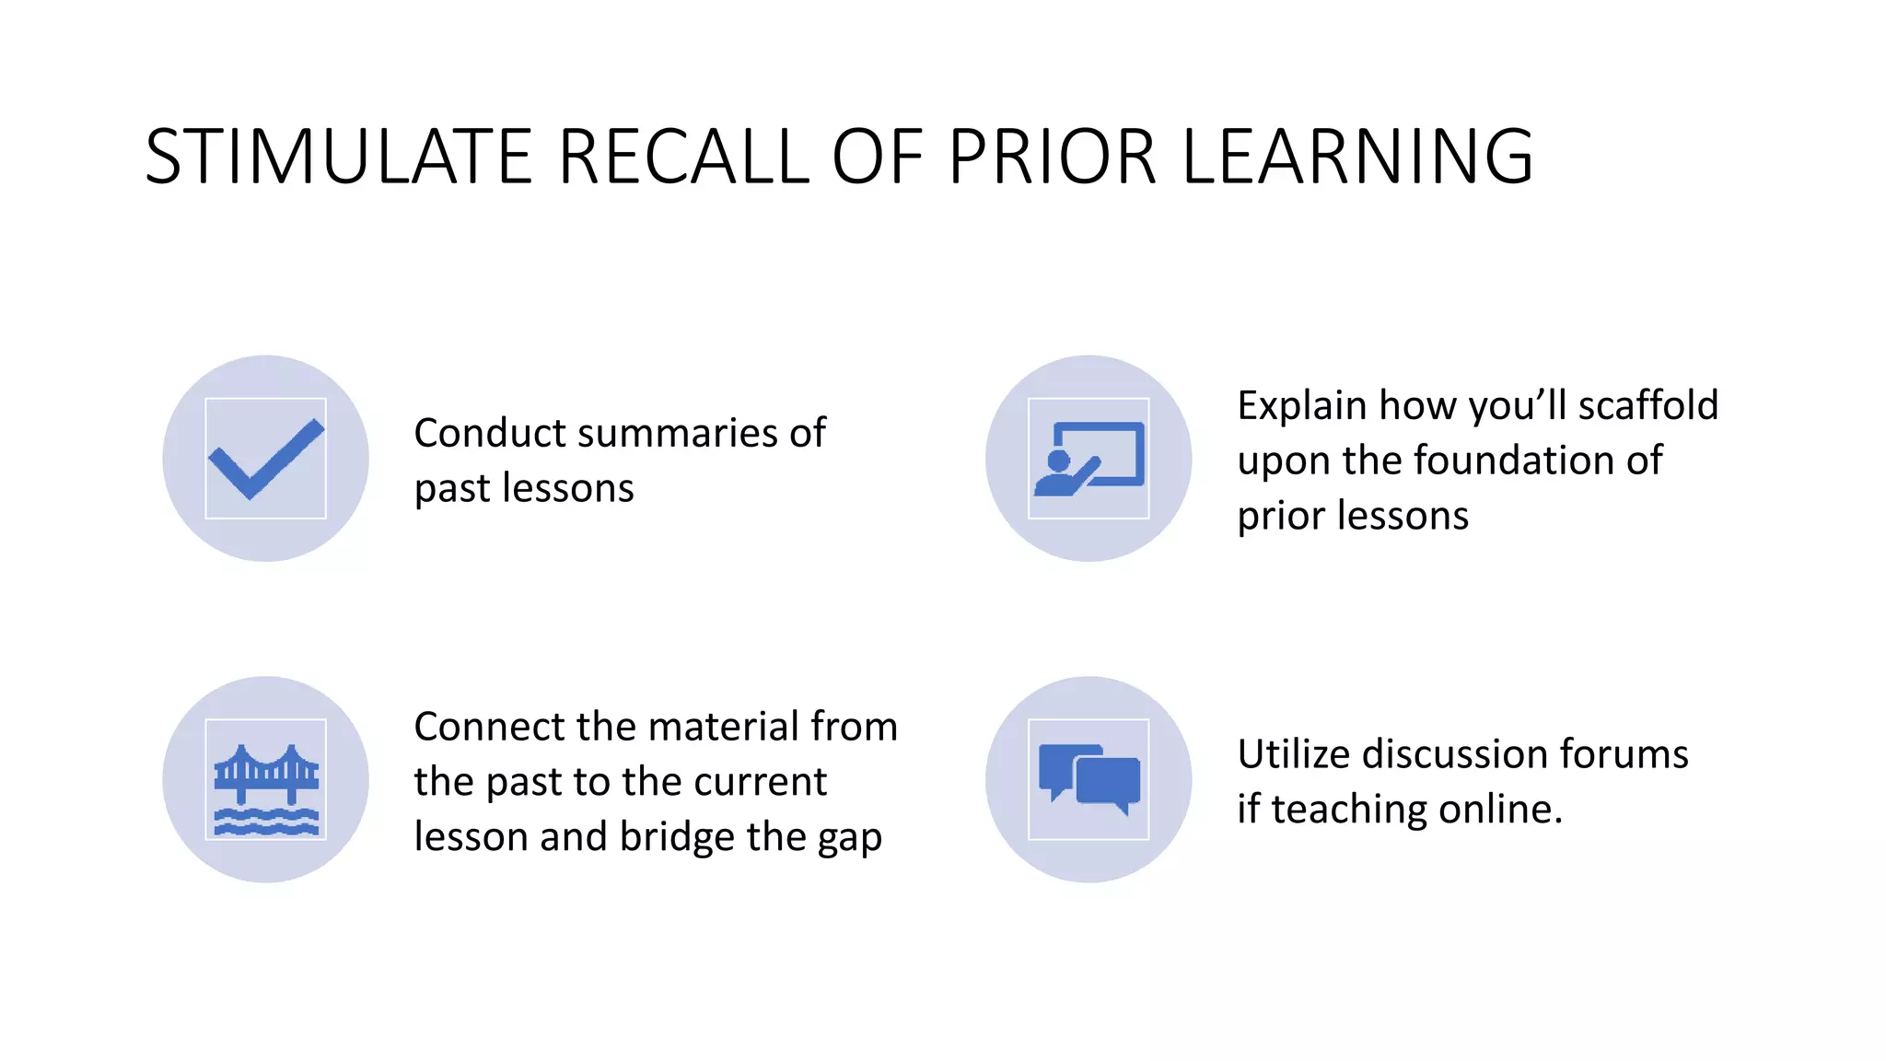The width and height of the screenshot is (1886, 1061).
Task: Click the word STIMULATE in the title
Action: (339, 157)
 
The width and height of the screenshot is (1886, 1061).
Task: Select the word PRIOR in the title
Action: (1053, 157)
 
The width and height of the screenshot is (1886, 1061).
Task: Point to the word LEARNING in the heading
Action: (1357, 157)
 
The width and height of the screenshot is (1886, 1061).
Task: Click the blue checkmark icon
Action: (266, 459)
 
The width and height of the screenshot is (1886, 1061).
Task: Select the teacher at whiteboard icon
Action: (1089, 459)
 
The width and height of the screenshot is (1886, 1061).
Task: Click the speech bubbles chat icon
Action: (1089, 779)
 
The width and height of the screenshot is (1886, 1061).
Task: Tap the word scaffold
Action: (1647, 405)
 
